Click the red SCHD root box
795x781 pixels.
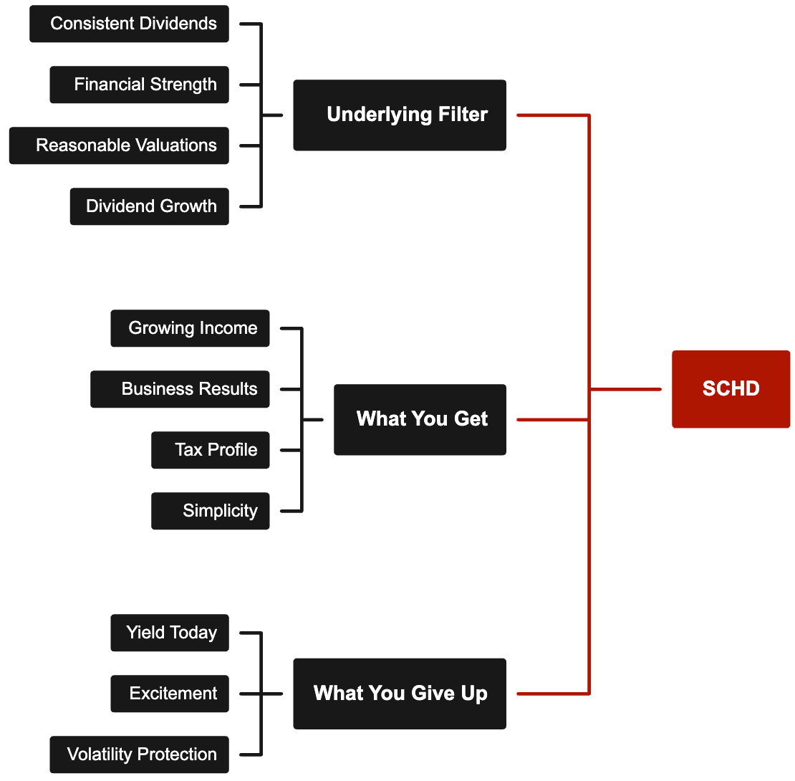[731, 389]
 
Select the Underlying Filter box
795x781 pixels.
[400, 115]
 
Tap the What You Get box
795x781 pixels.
[420, 419]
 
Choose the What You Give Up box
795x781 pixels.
[400, 694]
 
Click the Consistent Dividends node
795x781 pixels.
[129, 24]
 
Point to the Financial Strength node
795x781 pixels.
[139, 85]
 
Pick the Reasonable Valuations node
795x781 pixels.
[119, 145]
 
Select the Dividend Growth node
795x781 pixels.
[149, 206]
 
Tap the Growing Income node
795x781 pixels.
[190, 328]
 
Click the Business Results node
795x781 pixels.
[180, 389]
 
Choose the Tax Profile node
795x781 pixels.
[210, 450]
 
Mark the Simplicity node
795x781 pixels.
[210, 511]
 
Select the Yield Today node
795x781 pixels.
[170, 633]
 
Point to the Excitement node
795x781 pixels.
[170, 694]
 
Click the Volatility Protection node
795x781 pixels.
[139, 754]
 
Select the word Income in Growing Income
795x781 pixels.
[228, 328]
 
